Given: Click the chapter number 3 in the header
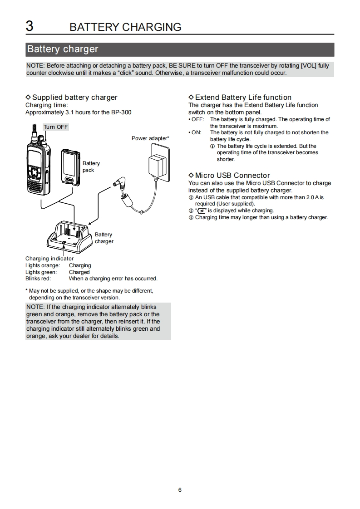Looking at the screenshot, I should coord(30,26).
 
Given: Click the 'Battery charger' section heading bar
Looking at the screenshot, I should coord(179,49).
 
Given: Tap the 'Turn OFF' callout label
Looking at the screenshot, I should coord(56,127).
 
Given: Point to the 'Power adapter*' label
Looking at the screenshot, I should coord(150,138).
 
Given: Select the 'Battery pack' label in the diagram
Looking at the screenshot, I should coord(91,166).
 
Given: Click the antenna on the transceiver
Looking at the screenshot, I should coord(35,132).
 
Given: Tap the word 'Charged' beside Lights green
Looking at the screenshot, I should coord(79,272).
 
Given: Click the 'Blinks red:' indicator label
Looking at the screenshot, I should coord(38,279).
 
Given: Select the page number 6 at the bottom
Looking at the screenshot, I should coord(180,489).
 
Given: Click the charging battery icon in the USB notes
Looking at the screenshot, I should coord(202,211).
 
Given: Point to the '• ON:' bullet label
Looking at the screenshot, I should coord(195,132).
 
